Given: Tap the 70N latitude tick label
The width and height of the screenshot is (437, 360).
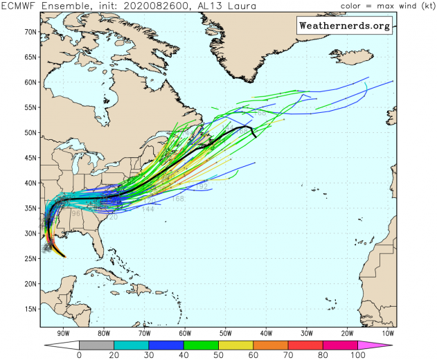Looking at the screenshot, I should click(30, 32).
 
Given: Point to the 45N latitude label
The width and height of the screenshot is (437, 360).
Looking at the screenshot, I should click(30, 158).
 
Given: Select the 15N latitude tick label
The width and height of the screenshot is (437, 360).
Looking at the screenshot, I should click(30, 309).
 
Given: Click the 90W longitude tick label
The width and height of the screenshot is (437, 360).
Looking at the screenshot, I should click(63, 332).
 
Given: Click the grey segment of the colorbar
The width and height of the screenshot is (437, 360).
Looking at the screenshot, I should click(96, 343).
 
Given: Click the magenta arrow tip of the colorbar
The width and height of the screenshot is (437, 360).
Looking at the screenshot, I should click(384, 343).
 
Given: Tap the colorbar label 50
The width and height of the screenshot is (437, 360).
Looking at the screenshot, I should click(219, 354).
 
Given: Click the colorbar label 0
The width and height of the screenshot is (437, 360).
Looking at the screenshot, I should click(79, 354).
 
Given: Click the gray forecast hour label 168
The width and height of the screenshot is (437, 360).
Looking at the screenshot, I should click(177, 199).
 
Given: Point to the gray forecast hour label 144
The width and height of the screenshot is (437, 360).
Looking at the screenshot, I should click(148, 209).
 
